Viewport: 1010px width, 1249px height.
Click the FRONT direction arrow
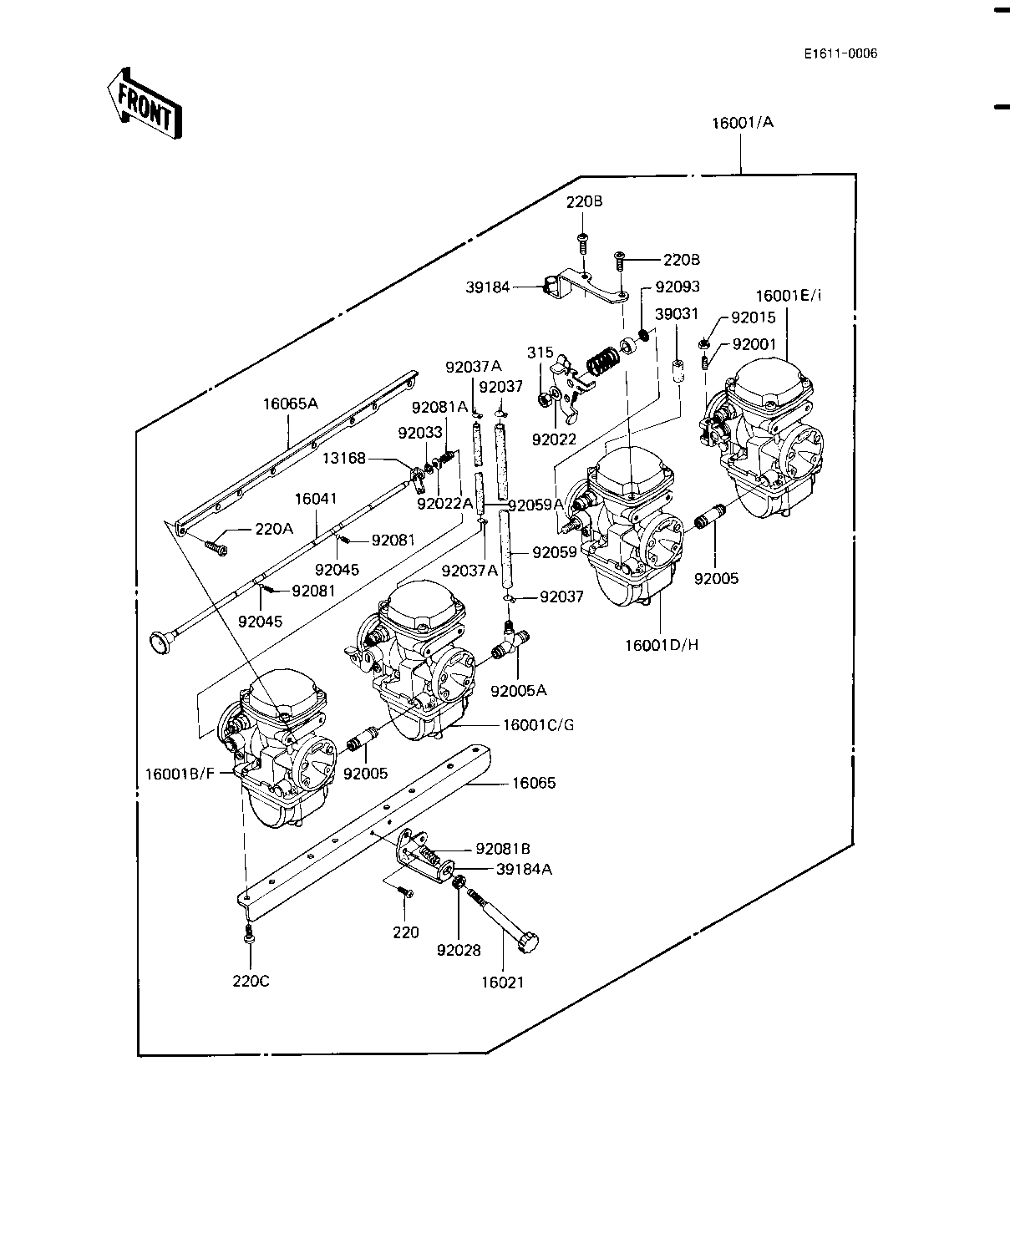coord(144,104)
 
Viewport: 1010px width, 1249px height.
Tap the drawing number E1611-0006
coord(840,54)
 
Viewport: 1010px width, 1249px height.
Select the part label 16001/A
coord(743,123)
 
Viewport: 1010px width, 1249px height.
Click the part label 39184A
coord(524,869)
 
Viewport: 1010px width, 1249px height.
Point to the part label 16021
coord(502,982)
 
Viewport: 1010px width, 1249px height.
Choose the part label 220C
coord(251,980)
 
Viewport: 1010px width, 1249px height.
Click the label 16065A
coord(290,404)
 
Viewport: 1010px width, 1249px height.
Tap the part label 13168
coord(344,459)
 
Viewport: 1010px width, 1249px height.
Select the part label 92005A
coord(518,690)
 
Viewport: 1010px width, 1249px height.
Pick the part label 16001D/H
coord(661,644)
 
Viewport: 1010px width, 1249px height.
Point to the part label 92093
coord(678,287)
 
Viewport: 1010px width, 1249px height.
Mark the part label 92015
coord(753,317)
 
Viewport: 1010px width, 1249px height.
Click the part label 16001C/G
coord(538,724)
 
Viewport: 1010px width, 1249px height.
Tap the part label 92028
coord(458,950)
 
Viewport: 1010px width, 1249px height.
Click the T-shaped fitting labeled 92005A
coord(510,641)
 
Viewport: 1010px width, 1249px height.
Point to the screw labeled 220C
coord(248,937)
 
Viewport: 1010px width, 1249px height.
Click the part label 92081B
coord(503,848)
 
